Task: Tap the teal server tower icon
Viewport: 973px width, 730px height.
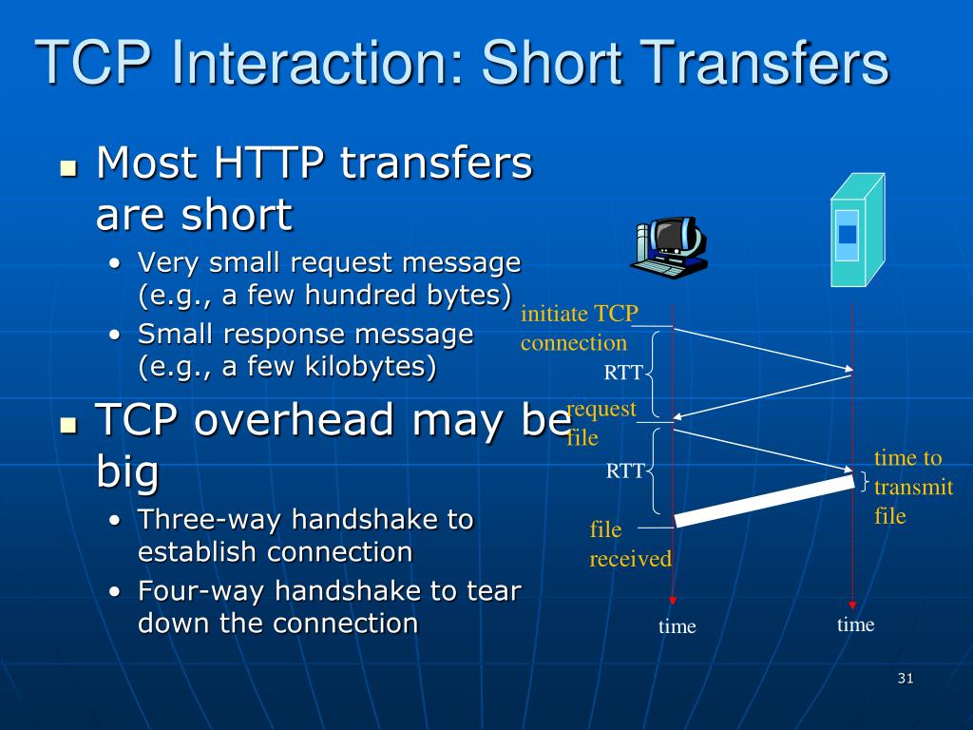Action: (x=856, y=231)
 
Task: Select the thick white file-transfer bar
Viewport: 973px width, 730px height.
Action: (x=765, y=500)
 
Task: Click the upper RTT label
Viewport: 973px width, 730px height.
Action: (x=623, y=373)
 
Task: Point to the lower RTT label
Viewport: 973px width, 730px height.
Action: (x=625, y=471)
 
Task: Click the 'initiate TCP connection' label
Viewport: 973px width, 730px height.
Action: (x=579, y=329)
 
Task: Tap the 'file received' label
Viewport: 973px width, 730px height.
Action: (x=629, y=544)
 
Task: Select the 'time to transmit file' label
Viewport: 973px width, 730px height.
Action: (x=912, y=487)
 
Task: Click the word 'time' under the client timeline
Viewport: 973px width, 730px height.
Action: (x=677, y=626)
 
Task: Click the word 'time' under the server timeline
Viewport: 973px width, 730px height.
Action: (x=855, y=624)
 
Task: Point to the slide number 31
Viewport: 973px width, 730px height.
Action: (x=905, y=678)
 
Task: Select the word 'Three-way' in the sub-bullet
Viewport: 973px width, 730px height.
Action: (x=210, y=520)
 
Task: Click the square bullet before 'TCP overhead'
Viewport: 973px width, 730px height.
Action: (x=67, y=425)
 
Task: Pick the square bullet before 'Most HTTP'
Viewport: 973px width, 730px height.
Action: (x=67, y=168)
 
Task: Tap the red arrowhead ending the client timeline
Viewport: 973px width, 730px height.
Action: (x=673, y=600)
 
